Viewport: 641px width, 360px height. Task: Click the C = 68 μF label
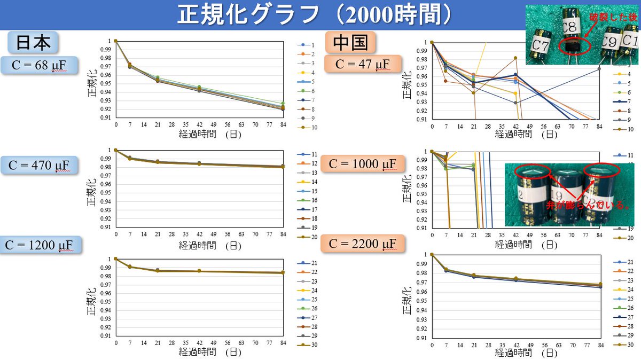point(37,66)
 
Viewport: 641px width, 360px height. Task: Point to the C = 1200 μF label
point(41,245)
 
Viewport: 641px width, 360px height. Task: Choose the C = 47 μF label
point(363,65)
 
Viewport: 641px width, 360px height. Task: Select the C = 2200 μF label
point(363,244)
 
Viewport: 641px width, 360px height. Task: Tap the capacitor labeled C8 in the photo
point(572,35)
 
